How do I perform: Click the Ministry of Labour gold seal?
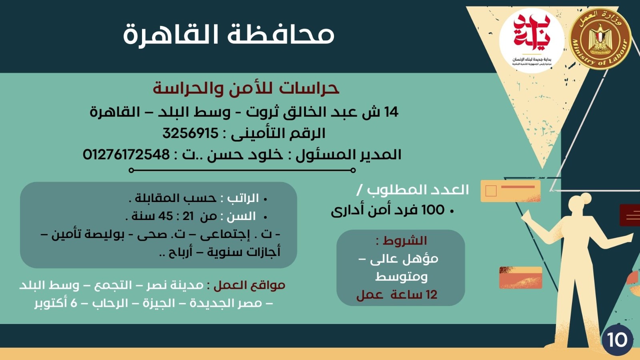pos(599,39)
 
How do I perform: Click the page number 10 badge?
pos(617,340)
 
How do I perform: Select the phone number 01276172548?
pos(126,154)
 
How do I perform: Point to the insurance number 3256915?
pos(190,133)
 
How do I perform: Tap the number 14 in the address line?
pos(391,112)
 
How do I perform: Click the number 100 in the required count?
pos(433,210)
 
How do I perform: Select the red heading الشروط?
pos(404,241)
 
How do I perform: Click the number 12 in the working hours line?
pos(431,295)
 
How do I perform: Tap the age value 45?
pos(166,216)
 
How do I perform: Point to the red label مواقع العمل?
pos(249,286)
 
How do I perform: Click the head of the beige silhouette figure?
pos(581,207)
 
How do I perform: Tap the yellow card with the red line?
pos(510,191)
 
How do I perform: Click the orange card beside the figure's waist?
pos(520,278)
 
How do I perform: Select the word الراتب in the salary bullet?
pos(243,198)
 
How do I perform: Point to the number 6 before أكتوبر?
pos(74,303)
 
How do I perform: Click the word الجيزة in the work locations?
pos(159,303)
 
